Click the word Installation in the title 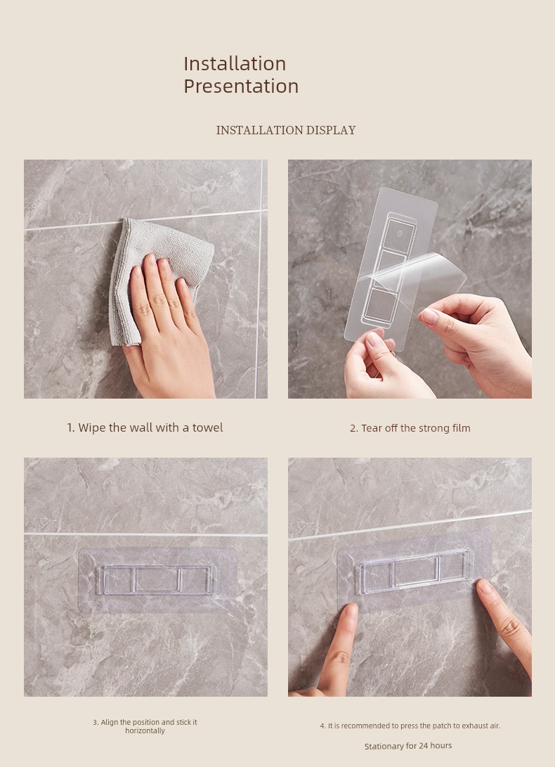click(235, 63)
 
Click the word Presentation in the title click(241, 86)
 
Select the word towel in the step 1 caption click(207, 427)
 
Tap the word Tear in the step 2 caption click(372, 428)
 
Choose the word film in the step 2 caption click(462, 428)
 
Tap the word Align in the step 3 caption click(110, 722)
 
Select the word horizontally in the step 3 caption click(145, 731)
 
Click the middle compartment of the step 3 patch click(156, 580)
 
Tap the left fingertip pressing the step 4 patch click(351, 612)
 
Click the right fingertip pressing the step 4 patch click(485, 587)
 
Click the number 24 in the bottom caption click(424, 746)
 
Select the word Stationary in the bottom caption click(384, 747)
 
